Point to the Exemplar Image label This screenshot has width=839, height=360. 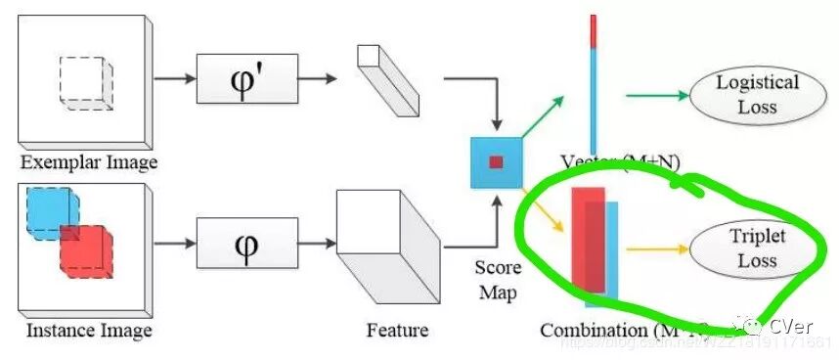pyautogui.click(x=88, y=161)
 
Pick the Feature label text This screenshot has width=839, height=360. pyautogui.click(x=397, y=331)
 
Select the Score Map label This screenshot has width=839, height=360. pyautogui.click(x=496, y=279)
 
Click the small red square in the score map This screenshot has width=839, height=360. pyautogui.click(x=496, y=161)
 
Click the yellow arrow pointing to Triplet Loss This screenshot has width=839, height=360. pyautogui.click(x=657, y=248)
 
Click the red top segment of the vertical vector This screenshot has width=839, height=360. pyautogui.click(x=593, y=29)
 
